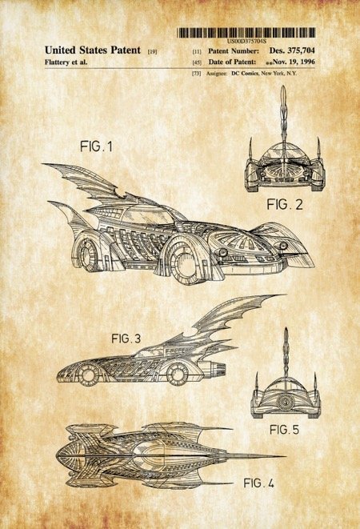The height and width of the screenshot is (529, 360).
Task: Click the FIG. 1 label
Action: point(96,146)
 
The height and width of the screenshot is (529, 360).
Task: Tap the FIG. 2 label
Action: point(285,204)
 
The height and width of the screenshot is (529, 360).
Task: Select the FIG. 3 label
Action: point(126,339)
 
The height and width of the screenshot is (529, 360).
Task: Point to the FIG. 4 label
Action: point(258,483)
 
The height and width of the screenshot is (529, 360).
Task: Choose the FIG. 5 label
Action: point(284,430)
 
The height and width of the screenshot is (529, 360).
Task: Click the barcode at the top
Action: point(246,33)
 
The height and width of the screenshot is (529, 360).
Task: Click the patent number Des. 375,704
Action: point(292,50)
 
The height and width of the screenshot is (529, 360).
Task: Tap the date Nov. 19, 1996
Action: point(294,62)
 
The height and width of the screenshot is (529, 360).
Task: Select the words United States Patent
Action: point(93,50)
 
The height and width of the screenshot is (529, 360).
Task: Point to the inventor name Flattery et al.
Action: point(66,62)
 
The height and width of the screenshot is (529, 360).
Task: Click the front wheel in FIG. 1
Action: point(185,264)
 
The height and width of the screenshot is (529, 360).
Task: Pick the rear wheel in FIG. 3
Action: point(177,374)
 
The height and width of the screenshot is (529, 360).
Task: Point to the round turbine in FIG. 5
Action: point(285,402)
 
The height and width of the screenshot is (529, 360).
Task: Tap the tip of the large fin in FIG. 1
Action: point(43,164)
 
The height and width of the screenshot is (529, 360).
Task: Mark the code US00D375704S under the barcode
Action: point(246,41)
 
